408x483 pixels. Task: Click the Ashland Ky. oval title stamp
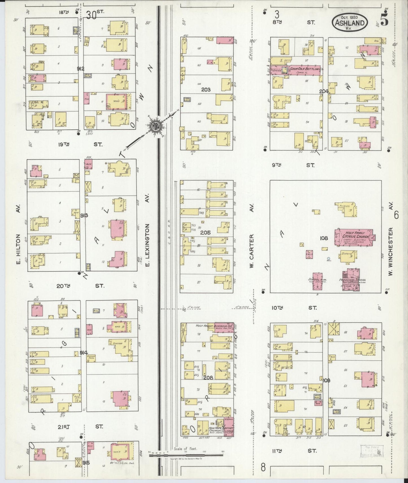tap(350, 22)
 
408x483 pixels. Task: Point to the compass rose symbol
tap(156, 126)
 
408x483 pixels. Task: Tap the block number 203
tap(206, 90)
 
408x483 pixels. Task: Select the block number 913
tap(84, 216)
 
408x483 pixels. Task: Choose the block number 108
tap(324, 238)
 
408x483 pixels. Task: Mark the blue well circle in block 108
tap(328, 258)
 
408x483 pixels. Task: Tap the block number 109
tap(326, 380)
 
